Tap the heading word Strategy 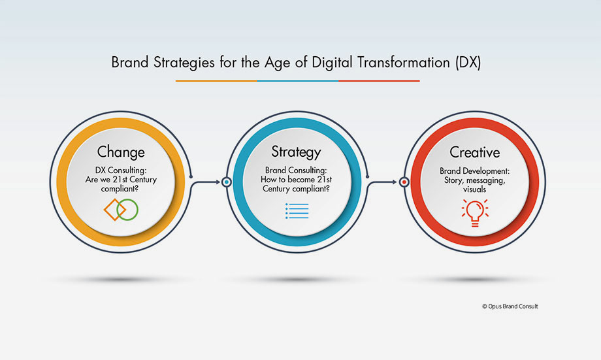click(296, 152)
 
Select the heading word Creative click(474, 152)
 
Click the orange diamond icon click(114, 210)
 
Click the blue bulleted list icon click(297, 211)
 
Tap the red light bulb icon click(475, 213)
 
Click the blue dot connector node click(227, 182)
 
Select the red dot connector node click(404, 182)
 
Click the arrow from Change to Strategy click(204, 182)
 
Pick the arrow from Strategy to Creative click(381, 182)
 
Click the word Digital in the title click(332, 63)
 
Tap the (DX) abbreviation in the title click(468, 63)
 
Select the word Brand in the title click(129, 62)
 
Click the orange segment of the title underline click(216, 81)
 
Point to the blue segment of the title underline click(298, 81)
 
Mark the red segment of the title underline click(379, 81)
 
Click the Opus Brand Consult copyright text click(510, 306)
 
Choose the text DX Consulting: click(121, 171)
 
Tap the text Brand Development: click(474, 171)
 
